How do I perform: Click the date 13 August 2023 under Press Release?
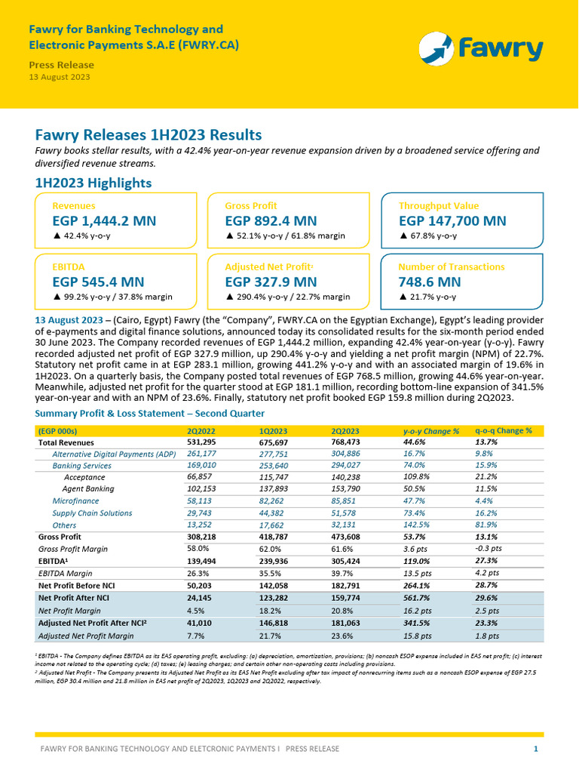click(x=60, y=77)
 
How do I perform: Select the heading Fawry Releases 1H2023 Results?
click(x=149, y=135)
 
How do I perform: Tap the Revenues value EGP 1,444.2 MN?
click(x=104, y=221)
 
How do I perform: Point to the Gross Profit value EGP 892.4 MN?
click(x=271, y=221)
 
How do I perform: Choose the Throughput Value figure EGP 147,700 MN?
click(x=452, y=221)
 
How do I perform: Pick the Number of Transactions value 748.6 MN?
click(x=429, y=282)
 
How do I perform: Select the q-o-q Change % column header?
click(x=503, y=430)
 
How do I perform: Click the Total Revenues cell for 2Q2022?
click(x=201, y=442)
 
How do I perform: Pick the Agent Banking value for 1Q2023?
click(x=274, y=488)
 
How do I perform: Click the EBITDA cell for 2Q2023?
click(x=348, y=561)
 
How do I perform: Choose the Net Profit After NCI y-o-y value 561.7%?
click(x=419, y=597)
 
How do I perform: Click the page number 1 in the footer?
click(x=535, y=749)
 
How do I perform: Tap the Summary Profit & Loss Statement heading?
click(x=150, y=413)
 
